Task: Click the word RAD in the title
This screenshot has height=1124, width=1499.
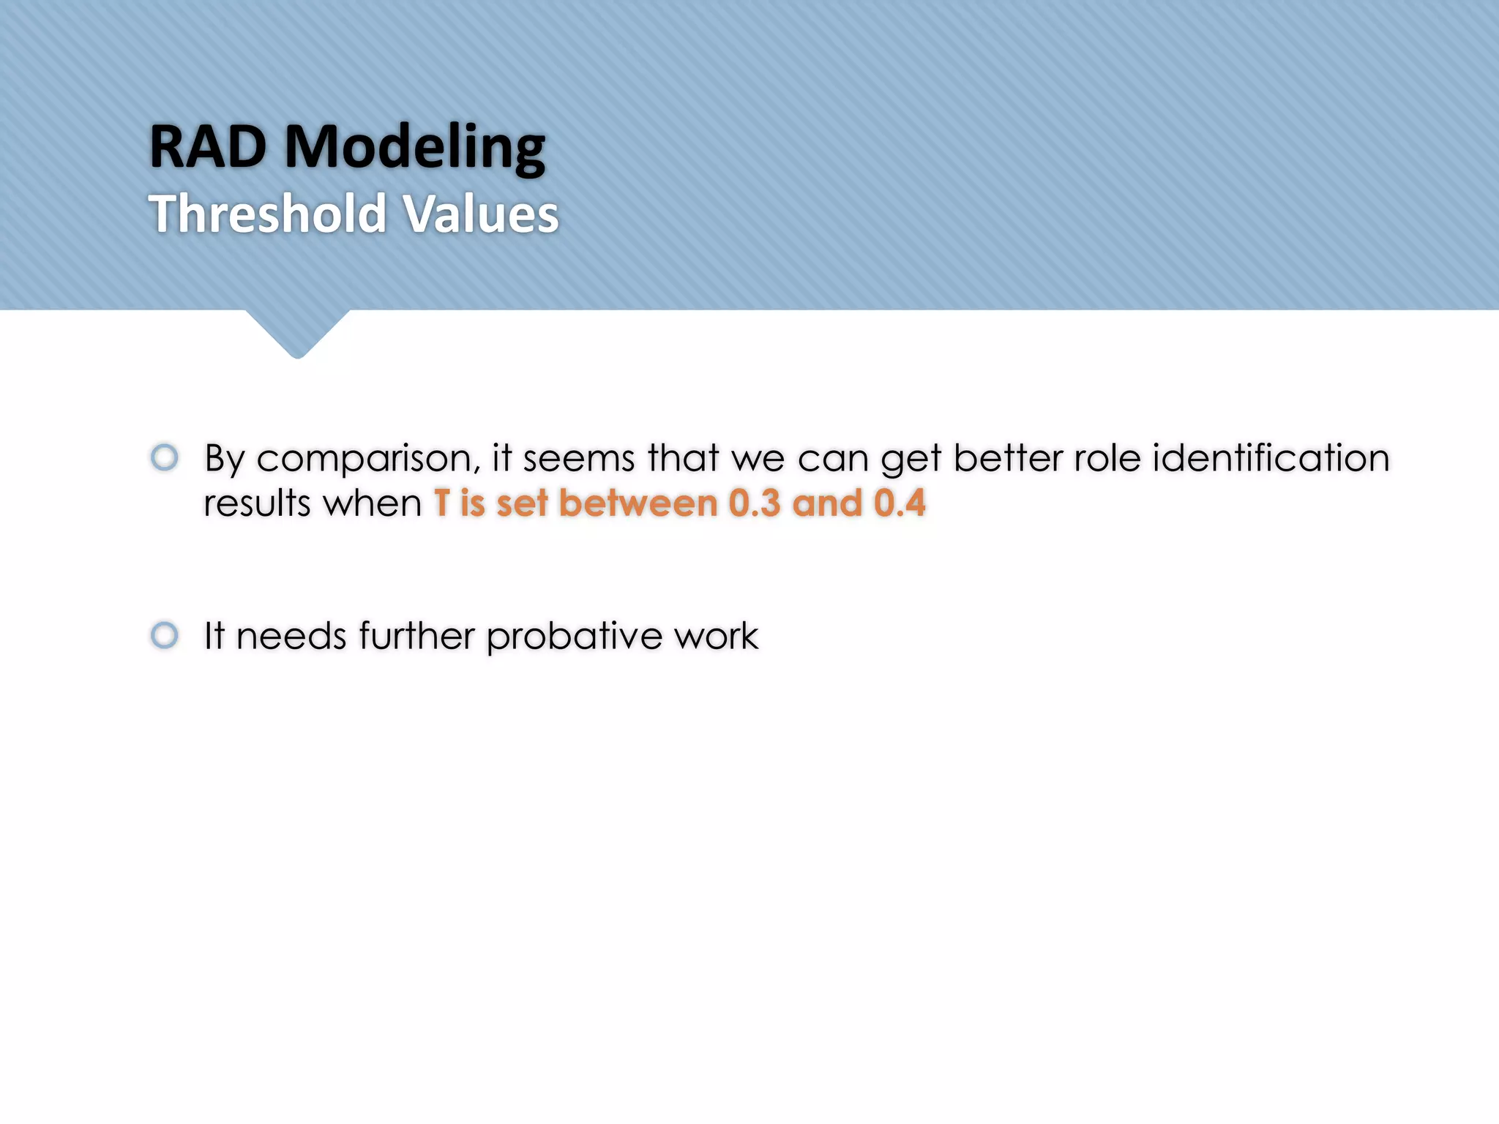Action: (208, 147)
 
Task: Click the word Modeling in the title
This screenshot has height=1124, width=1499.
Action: (414, 149)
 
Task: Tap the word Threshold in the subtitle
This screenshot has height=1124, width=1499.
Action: (268, 214)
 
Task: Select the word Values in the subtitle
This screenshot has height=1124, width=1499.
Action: (481, 214)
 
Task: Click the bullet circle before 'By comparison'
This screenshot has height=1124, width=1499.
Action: (165, 457)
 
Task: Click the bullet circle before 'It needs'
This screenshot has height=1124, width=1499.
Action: (165, 635)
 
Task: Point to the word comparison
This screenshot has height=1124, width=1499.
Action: (368, 460)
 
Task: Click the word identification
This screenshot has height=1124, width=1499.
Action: (1271, 458)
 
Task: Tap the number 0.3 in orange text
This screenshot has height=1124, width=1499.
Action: (755, 503)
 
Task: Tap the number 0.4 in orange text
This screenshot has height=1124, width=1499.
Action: (900, 503)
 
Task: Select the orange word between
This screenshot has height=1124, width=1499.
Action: (638, 503)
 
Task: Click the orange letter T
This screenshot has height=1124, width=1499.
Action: (441, 503)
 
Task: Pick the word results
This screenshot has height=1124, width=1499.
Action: (257, 503)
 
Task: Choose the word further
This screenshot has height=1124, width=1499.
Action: (417, 635)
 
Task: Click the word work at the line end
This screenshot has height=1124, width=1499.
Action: (716, 635)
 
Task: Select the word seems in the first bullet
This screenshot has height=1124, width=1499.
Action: (578, 458)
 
